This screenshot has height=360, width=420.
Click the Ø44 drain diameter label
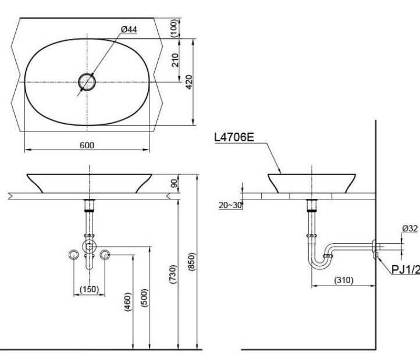129,30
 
